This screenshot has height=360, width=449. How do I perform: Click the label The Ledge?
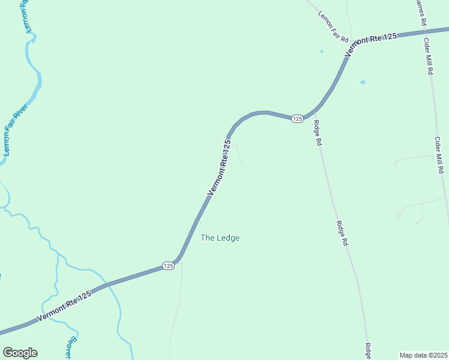[220, 238]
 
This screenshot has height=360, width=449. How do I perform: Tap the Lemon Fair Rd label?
[333, 27]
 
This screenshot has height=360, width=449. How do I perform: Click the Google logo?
[20, 353]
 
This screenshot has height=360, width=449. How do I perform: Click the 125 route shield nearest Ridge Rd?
[297, 119]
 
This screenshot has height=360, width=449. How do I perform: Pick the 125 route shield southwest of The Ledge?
[169, 265]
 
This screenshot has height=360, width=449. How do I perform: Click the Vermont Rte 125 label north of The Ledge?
[219, 167]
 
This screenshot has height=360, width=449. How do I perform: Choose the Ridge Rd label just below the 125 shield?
[318, 134]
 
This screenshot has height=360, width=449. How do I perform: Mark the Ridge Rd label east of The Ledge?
[342, 234]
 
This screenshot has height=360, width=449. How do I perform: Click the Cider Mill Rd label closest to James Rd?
[429, 56]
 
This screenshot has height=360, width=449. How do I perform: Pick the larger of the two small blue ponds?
[362, 82]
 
